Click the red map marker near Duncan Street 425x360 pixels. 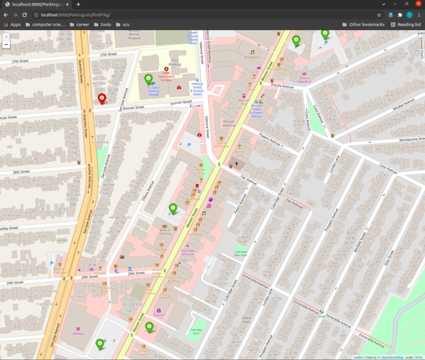102,99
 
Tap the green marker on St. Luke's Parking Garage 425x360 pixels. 148,79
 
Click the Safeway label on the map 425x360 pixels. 78,333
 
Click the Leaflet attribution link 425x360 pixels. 358,357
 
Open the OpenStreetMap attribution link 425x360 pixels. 392,357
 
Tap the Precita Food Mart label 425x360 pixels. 304,80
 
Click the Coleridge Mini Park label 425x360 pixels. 240,253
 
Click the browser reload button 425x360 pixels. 25,14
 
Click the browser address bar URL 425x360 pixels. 75,14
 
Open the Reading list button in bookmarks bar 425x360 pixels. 406,25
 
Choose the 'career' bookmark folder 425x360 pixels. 79,25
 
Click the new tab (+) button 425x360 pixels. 78,4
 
